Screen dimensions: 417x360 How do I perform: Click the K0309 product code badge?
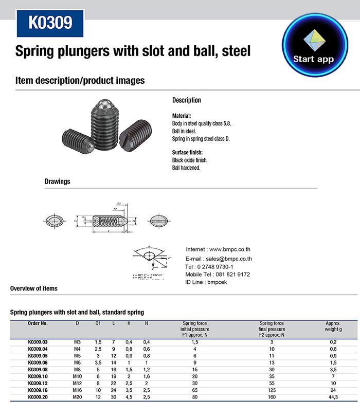click(50, 23)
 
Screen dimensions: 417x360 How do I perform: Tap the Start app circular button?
click(314, 46)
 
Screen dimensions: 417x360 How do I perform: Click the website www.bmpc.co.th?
click(230, 249)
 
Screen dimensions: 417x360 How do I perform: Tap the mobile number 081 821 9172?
click(231, 275)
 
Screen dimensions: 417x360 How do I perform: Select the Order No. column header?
click(38, 323)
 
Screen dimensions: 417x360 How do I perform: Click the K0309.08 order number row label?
click(38, 369)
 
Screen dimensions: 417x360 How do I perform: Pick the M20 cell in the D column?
click(77, 397)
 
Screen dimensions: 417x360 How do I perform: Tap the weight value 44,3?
click(333, 397)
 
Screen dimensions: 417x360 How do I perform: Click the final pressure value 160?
click(272, 397)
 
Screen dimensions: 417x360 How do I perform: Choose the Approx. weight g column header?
click(333, 326)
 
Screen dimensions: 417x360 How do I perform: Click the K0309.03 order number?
click(38, 341)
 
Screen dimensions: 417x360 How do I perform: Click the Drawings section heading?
click(58, 182)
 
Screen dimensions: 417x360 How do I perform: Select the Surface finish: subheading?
click(187, 153)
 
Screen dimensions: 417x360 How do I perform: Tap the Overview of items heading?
click(34, 288)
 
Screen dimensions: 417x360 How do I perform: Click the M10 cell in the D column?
click(77, 376)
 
